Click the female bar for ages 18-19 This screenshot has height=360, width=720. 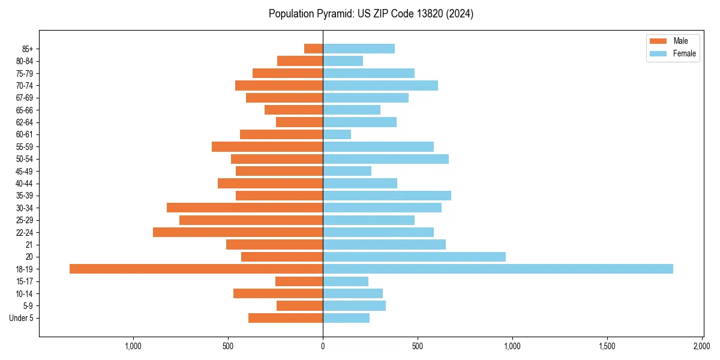click(498, 269)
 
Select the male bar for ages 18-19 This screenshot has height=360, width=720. click(196, 269)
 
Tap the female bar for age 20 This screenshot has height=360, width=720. click(414, 257)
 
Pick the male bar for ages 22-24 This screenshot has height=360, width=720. click(238, 232)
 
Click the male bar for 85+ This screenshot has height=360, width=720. click(313, 49)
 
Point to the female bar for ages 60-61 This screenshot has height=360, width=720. click(337, 134)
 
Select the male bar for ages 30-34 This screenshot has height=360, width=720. click(245, 208)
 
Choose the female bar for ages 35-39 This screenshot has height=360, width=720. click(387, 196)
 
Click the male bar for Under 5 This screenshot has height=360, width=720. click(286, 318)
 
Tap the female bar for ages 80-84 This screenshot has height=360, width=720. click(343, 61)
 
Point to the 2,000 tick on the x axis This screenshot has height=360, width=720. click(702, 346)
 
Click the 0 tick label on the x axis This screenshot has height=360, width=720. click(323, 346)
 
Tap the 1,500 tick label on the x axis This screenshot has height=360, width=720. click(607, 346)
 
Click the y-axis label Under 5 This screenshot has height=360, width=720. click(21, 318)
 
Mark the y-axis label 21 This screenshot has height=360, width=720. click(29, 245)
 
